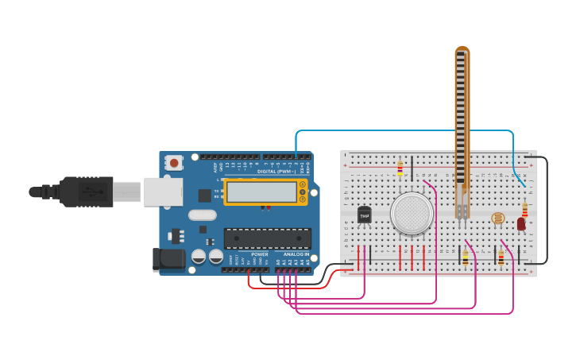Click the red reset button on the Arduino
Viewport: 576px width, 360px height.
174,163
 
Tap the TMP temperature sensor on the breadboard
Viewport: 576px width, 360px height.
365,215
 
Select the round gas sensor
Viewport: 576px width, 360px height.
412,213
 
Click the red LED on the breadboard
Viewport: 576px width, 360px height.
521,224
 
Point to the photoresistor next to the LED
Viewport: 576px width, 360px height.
498,218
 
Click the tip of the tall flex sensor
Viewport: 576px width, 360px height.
462,52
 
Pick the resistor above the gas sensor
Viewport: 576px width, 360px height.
400,168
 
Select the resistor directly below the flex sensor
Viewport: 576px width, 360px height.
465,257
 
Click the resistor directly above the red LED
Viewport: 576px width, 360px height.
524,210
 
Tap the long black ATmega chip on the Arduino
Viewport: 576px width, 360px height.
267,238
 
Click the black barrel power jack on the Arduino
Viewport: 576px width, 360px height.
168,258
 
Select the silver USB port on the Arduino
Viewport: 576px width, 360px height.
163,192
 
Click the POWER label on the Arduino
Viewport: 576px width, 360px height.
259,254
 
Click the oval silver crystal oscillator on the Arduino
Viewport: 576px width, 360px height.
203,215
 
